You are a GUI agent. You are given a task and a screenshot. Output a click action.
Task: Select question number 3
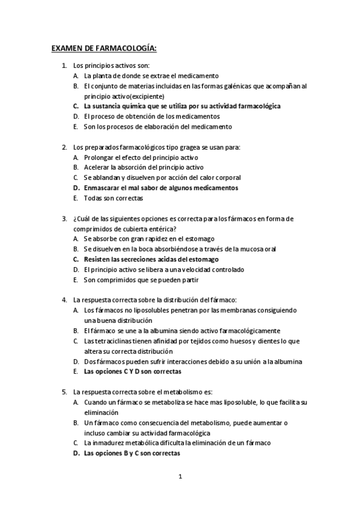coord(64,219)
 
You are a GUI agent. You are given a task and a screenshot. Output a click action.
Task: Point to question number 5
coord(64,392)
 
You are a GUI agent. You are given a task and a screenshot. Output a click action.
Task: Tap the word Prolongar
coord(100,157)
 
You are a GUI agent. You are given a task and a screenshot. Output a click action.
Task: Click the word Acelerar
coord(98,167)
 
